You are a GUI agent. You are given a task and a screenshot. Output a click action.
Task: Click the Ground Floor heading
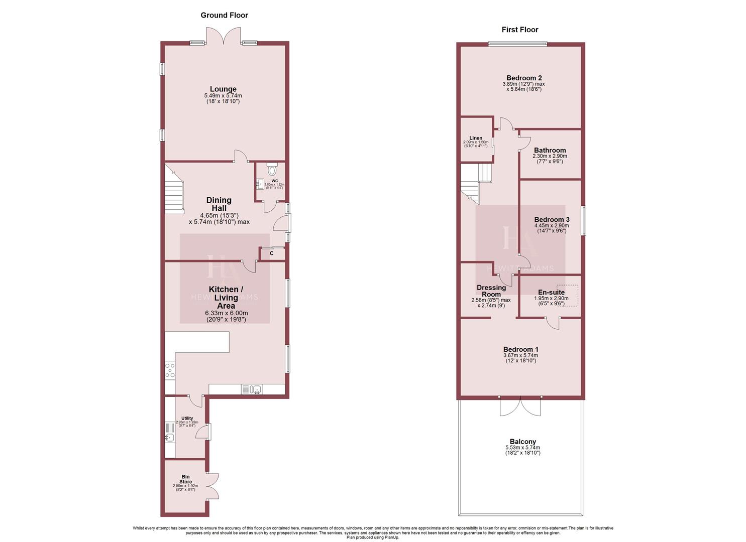coord(224,15)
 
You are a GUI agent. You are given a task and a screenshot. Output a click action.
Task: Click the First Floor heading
coord(519,30)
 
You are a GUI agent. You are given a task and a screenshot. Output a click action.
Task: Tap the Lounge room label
coord(223,89)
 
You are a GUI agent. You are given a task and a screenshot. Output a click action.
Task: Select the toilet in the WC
coord(272,169)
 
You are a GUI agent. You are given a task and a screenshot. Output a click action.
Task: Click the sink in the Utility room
coord(170,438)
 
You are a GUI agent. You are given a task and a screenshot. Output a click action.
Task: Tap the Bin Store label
coord(185,479)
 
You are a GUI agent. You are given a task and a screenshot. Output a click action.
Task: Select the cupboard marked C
coord(272,253)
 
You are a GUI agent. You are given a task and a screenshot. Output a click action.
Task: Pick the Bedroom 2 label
coord(524,78)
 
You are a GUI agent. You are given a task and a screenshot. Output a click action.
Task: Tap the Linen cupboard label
coord(476,138)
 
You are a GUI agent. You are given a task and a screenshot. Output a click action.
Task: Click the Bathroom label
coord(550,150)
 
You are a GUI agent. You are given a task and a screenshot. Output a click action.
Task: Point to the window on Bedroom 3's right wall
coord(583,221)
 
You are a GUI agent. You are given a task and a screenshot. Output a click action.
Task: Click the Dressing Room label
coord(491,291)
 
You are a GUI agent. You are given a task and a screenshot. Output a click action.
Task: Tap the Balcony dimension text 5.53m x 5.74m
coord(522,448)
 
